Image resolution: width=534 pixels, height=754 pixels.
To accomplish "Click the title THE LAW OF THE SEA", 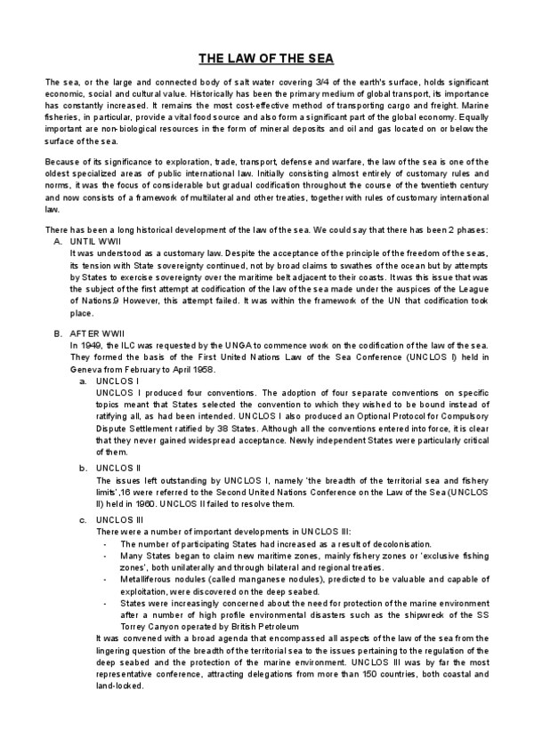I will [266, 60].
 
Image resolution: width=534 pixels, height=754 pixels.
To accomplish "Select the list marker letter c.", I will [83, 519].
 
